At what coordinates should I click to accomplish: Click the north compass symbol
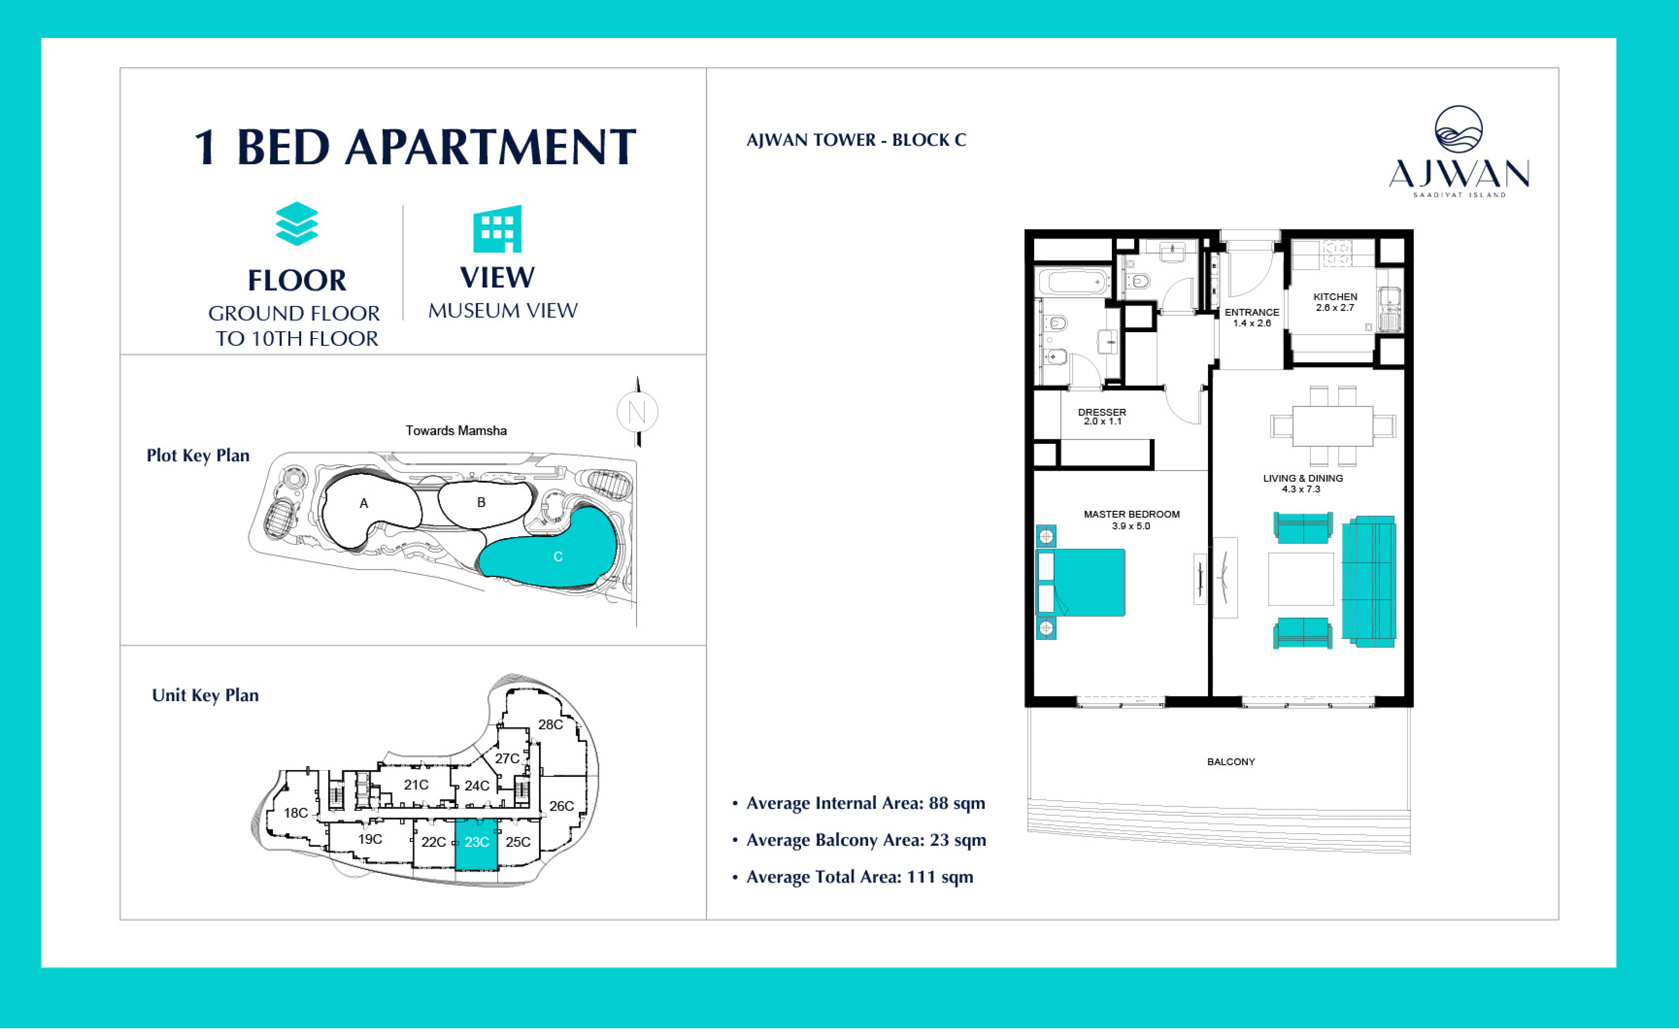(638, 411)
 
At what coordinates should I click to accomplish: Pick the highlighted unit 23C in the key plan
(476, 844)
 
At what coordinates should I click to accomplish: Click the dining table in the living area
(1332, 426)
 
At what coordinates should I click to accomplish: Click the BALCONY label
(1231, 762)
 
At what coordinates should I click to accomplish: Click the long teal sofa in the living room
(1368, 582)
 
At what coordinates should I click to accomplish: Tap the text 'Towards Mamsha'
(456, 431)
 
